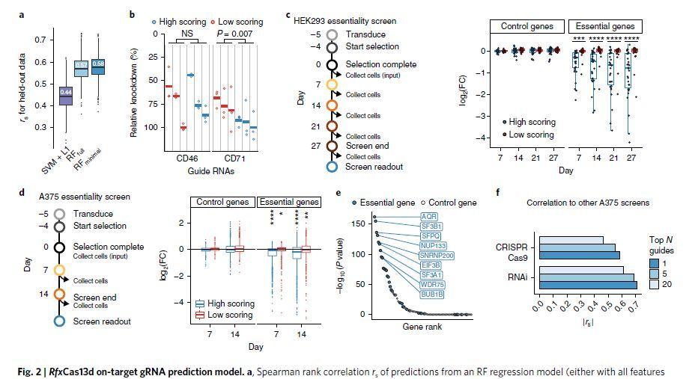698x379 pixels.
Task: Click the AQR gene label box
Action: [x=408, y=218]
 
